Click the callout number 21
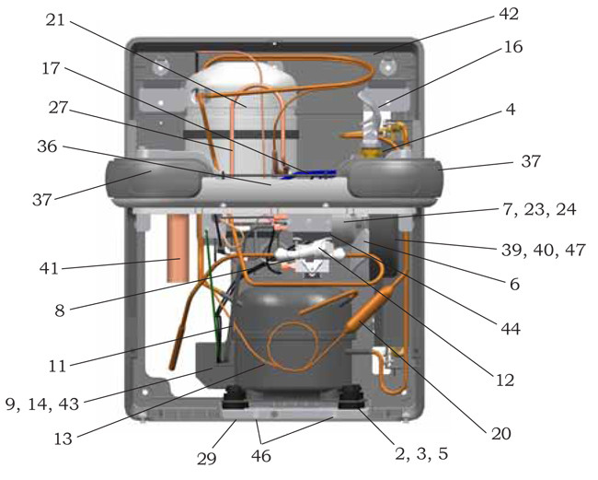pos(56,20)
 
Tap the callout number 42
pos(509,14)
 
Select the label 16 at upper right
pos(513,47)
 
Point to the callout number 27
pos(58,108)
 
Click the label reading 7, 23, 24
pos(539,209)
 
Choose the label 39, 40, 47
pos(544,250)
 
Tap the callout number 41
pos(49,269)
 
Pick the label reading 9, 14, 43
pos(42,404)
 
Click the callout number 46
pos(261,456)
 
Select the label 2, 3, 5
pos(421,454)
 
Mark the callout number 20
pos(501,434)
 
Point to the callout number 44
pos(511,328)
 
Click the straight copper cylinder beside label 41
pos(178,248)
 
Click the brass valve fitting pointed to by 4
pos(371,152)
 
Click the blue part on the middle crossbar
pos(308,174)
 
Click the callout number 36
pos(47,146)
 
